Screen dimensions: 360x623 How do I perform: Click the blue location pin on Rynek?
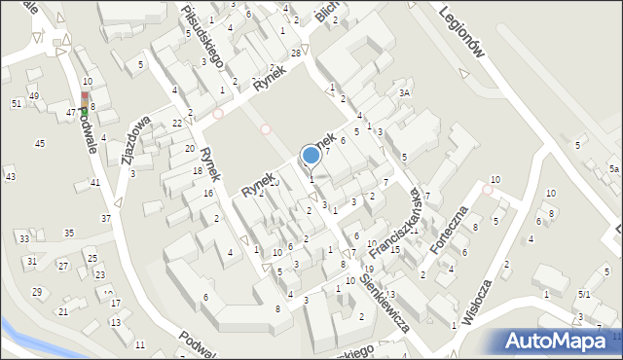pyautogui.click(x=311, y=155)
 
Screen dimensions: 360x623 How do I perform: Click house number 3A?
pyautogui.click(x=405, y=93)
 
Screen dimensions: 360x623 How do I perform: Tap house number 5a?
pyautogui.click(x=613, y=168)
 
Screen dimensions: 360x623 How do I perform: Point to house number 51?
pyautogui.click(x=17, y=103)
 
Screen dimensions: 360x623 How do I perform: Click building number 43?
pyautogui.click(x=10, y=176)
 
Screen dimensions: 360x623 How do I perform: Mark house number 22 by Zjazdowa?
pyautogui.click(x=176, y=124)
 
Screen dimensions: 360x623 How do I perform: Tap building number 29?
pyautogui.click(x=37, y=292)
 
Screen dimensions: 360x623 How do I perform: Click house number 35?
pyautogui.click(x=69, y=234)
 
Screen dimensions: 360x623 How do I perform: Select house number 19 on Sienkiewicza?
pyautogui.click(x=369, y=269)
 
